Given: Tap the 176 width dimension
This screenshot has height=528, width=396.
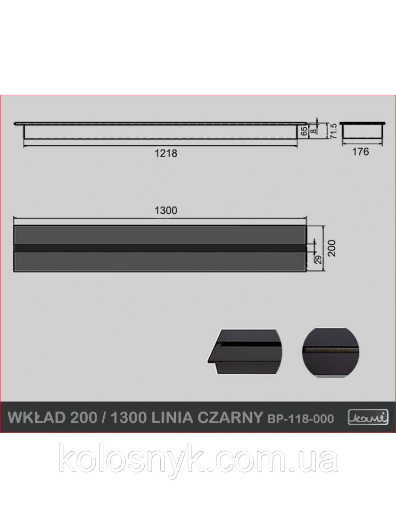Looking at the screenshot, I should point(361,151).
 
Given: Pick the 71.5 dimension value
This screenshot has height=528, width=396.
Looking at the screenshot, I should point(333,130).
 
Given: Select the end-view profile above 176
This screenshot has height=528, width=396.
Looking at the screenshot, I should point(361,130).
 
